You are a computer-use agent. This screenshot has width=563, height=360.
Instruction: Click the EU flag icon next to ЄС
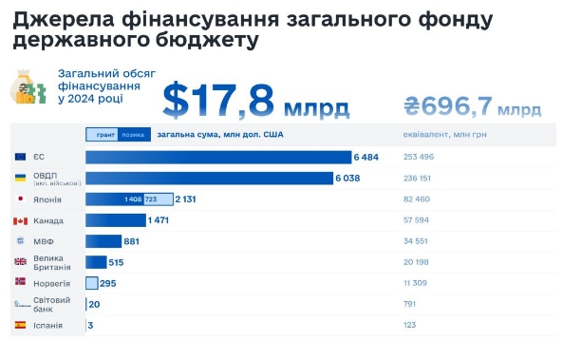pyautogui.click(x=20, y=157)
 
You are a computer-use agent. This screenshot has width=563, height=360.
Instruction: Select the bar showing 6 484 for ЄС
pyautogui.click(x=217, y=157)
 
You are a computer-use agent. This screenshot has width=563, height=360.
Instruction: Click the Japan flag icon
pyautogui.click(x=20, y=199)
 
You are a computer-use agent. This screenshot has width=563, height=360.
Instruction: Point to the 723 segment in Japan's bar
pyautogui.click(x=150, y=199)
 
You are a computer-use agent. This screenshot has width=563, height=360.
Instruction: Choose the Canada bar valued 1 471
pyautogui.click(x=115, y=220)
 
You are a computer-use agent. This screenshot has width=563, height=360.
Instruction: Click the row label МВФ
pyautogui.click(x=44, y=242)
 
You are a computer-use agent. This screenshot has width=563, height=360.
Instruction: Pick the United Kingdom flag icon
pyautogui.click(x=20, y=262)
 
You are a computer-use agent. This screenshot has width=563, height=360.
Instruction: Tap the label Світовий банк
pyautogui.click(x=49, y=304)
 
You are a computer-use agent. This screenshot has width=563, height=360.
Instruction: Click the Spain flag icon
pyautogui.click(x=20, y=326)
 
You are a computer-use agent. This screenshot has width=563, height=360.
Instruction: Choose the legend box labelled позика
pyautogui.click(x=133, y=135)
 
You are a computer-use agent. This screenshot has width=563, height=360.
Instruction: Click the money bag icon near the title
pyautogui.click(x=27, y=88)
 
